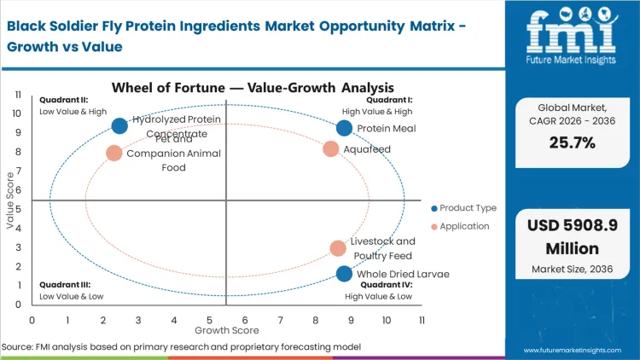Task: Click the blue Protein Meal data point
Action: click(344, 128)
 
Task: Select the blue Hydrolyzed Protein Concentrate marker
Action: click(119, 126)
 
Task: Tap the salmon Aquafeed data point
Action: click(331, 149)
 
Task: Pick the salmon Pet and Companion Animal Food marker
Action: click(113, 154)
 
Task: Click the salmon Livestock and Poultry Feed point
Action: click(338, 248)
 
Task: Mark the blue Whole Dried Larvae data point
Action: click(344, 274)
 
